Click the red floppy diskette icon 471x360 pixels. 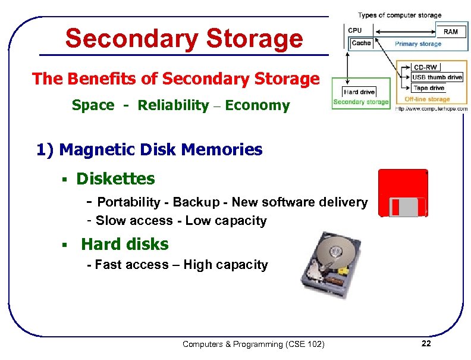tap(403, 193)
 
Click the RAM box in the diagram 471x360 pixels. tap(451, 31)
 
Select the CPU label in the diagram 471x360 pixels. tap(355, 30)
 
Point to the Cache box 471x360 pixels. tap(361, 43)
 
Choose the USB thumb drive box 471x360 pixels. tap(437, 77)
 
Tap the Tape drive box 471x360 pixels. tap(429, 88)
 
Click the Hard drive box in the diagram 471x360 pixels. tap(359, 92)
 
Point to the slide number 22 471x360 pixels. tap(425, 343)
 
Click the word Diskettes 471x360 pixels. tap(115, 179)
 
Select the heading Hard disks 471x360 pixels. tap(125, 244)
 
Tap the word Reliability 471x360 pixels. tap(173, 106)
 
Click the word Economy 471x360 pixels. tap(258, 106)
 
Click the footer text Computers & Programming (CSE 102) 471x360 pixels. tap(253, 344)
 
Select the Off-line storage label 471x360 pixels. tap(427, 99)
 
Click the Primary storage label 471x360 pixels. tap(418, 43)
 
